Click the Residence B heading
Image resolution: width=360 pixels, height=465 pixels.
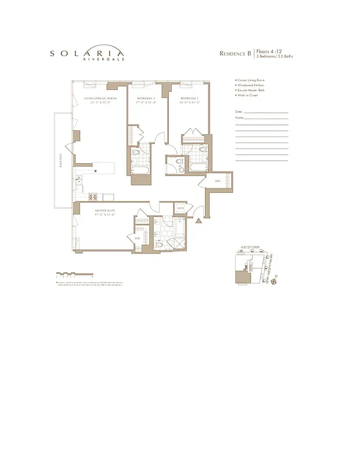pyautogui.click(x=235, y=53)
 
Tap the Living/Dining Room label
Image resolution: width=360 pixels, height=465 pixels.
pyautogui.click(x=100, y=99)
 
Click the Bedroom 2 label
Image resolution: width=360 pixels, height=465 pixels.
pyautogui.click(x=189, y=99)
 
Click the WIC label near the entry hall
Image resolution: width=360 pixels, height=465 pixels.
pyautogui.click(x=218, y=181)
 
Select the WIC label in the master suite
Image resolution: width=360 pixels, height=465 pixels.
pyautogui.click(x=138, y=238)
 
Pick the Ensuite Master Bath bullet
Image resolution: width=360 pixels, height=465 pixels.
pyautogui.click(x=250, y=91)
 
